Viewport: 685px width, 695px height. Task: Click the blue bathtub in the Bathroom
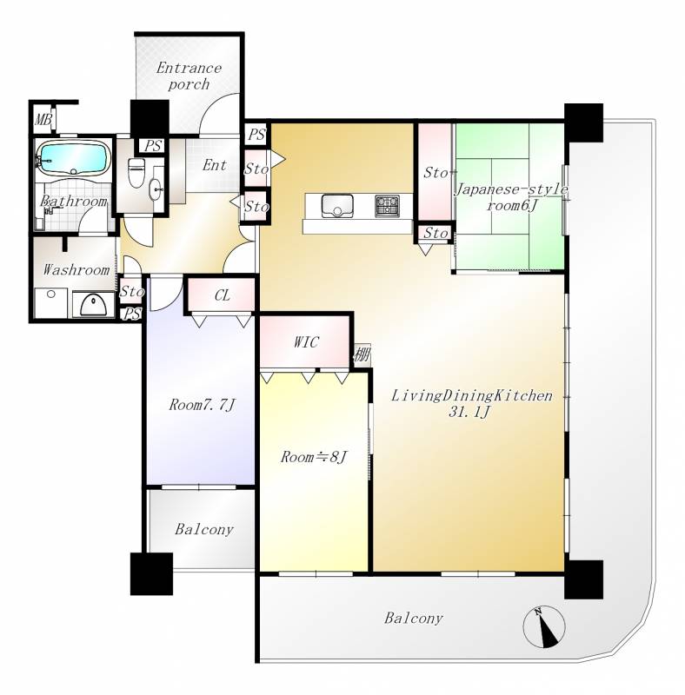(74, 158)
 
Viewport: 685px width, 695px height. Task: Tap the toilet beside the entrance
(135, 172)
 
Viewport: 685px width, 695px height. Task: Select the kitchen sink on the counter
(337, 206)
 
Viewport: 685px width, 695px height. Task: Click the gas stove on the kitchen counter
(388, 206)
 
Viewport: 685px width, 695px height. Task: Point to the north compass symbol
(544, 626)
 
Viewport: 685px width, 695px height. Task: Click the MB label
(43, 119)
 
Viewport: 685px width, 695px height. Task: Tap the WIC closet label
(306, 342)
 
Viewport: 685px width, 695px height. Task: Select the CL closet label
(223, 295)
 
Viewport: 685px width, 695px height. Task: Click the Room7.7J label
(202, 405)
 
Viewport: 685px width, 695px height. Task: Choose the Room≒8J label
(314, 457)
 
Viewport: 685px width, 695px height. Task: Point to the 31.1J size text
(469, 412)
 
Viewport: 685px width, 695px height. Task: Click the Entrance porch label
(189, 76)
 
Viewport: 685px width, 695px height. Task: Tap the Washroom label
(76, 270)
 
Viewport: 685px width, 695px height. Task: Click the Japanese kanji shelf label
(362, 354)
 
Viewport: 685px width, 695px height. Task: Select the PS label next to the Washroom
(132, 314)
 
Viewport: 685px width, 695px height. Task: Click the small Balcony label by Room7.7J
(204, 529)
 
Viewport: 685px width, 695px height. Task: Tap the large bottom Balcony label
(414, 618)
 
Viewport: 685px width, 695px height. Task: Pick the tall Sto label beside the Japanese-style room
(436, 172)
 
